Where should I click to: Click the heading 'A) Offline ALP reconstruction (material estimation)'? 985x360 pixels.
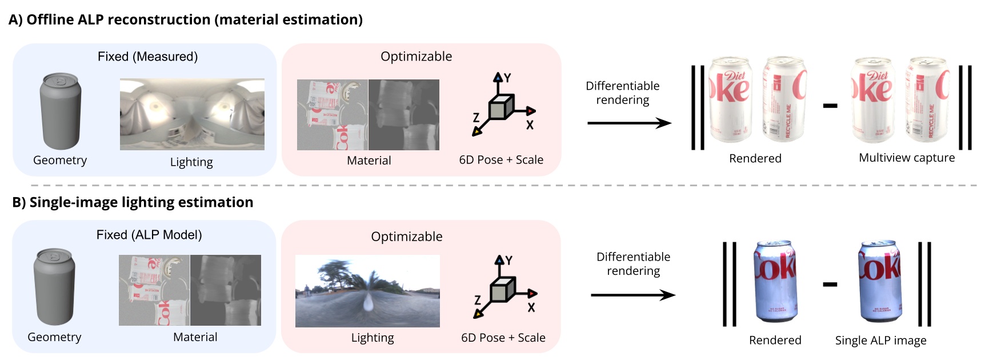[186, 19]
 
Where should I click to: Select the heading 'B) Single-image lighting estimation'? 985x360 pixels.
[133, 202]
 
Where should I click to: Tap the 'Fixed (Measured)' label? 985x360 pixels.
[147, 57]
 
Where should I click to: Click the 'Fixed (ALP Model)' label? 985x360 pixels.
[149, 235]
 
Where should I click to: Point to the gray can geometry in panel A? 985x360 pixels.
[60, 111]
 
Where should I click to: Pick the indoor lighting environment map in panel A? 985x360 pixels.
[192, 114]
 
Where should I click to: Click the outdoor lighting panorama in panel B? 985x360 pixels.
[367, 291]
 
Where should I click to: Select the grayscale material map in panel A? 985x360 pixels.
[404, 115]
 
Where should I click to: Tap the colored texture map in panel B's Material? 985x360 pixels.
[154, 290]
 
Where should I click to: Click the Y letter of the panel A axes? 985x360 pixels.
[507, 78]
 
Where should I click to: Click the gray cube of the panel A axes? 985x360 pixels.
[500, 107]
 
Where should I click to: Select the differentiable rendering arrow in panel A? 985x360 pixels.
[628, 123]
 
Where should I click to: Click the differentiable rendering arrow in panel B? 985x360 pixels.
[632, 295]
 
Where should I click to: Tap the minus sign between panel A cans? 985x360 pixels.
[830, 106]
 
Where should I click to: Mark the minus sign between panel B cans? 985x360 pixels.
[830, 284]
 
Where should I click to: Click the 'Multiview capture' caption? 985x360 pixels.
[907, 158]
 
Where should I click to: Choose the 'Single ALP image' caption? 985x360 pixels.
[880, 341]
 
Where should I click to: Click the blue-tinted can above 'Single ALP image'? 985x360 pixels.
[880, 281]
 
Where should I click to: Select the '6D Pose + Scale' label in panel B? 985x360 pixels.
[503, 338]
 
